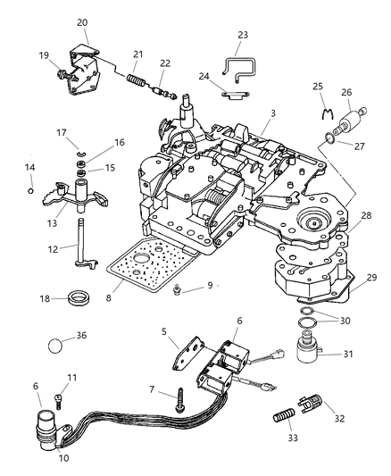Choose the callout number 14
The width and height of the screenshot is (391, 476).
click(x=30, y=167)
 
